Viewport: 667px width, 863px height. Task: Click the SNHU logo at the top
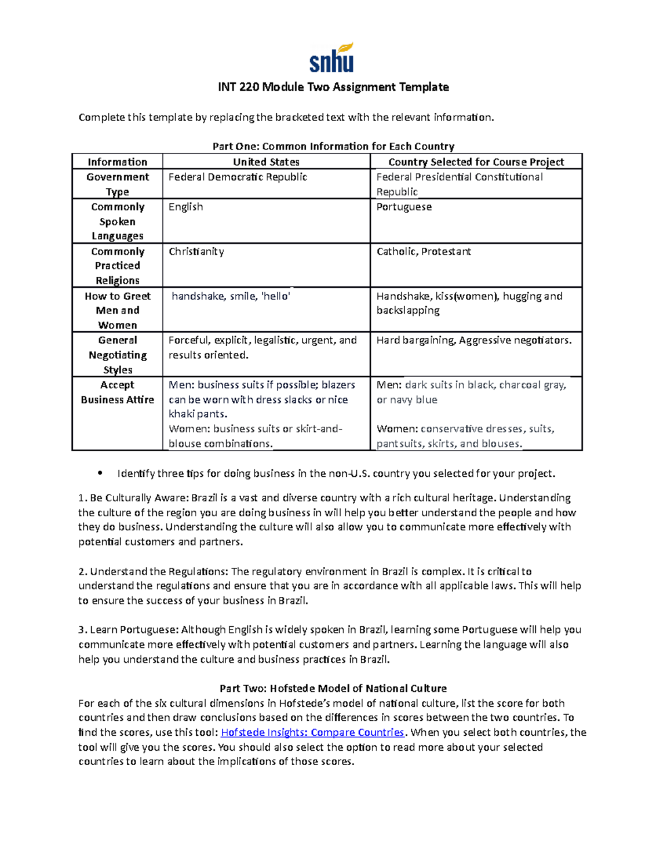click(x=332, y=58)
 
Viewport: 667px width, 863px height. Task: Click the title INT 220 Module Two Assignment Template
click(x=333, y=87)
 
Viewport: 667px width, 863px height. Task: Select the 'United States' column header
click(x=266, y=162)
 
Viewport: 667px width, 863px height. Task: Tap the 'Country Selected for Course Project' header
click(x=476, y=162)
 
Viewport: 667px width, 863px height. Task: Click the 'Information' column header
click(x=117, y=162)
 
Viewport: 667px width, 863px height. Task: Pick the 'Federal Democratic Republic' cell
click(x=238, y=177)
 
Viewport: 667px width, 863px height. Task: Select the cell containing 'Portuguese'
click(x=404, y=207)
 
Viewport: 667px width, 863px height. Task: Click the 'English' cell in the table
click(x=186, y=207)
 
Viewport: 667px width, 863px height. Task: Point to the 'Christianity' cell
click(x=196, y=252)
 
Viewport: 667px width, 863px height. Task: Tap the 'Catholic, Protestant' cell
click(x=424, y=252)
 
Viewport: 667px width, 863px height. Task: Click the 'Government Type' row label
click(x=117, y=184)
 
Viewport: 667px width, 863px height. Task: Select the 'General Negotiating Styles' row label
click(x=117, y=355)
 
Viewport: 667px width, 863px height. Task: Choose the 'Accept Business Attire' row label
click(x=117, y=392)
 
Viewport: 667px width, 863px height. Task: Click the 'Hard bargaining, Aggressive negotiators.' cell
click(x=474, y=340)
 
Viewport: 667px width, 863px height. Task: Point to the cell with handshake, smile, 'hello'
click(x=231, y=296)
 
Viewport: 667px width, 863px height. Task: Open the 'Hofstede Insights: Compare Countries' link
click(x=312, y=732)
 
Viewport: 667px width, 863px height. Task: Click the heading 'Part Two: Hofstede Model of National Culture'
click(x=333, y=689)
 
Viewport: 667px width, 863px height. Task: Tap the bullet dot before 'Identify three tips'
click(x=100, y=473)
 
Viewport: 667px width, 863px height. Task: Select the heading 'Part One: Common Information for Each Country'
click(x=333, y=146)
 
